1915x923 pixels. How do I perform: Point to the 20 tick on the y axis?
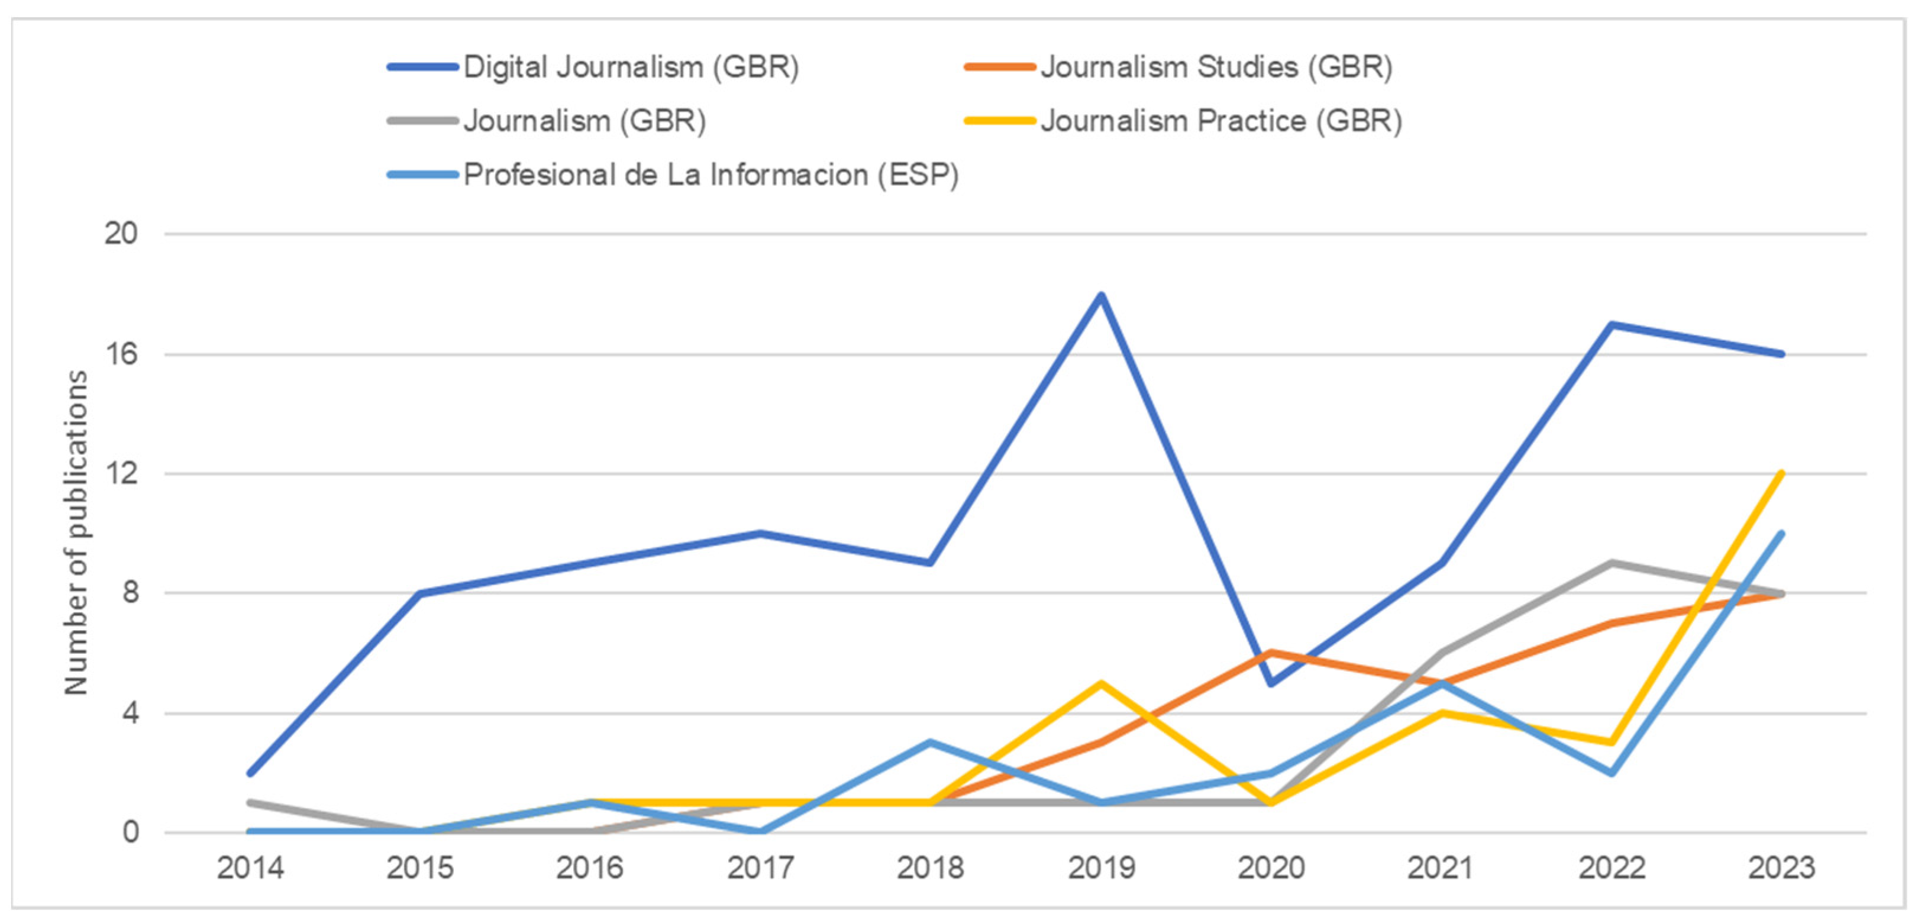pos(121,234)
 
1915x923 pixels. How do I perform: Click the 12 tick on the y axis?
pos(121,473)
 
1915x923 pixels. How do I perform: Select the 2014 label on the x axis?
pos(250,868)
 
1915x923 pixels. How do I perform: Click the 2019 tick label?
pos(1101,868)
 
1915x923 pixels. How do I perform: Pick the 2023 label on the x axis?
pos(1781,868)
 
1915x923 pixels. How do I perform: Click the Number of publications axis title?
pos(76,532)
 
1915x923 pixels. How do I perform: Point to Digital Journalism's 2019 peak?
pos(1101,295)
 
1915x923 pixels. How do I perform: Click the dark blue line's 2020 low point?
pos(1271,683)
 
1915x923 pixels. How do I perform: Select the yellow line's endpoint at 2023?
pos(1781,474)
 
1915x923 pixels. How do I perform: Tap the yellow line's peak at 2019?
pos(1101,683)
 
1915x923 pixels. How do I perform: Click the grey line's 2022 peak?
pos(1611,563)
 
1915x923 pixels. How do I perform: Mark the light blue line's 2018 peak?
pos(930,743)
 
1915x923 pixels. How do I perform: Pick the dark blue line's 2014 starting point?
pos(250,773)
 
